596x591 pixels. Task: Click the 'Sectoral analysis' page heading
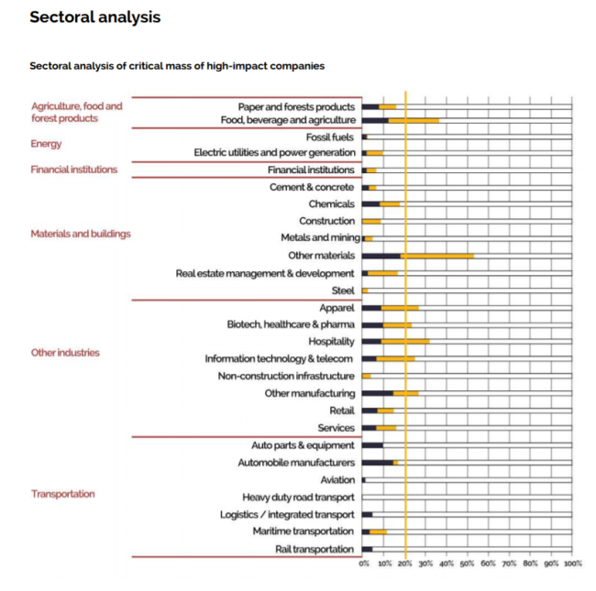[95, 17]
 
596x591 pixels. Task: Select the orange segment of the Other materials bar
[437, 256]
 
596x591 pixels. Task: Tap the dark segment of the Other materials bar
[381, 256]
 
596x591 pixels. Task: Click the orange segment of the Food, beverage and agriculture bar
[414, 120]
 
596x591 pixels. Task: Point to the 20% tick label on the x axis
[404, 564]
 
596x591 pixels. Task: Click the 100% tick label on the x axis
[573, 564]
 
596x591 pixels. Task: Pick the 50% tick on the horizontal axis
[467, 564]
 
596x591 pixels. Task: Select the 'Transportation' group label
[63, 494]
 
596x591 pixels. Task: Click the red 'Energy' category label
[46, 144]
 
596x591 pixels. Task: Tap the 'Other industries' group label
[65, 353]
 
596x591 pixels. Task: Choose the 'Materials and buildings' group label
[81, 234]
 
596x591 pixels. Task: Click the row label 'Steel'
[343, 290]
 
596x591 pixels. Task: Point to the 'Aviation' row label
[337, 480]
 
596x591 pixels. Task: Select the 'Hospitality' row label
[331, 342]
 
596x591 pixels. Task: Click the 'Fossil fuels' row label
[330, 137]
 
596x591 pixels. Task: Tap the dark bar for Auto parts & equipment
[372, 445]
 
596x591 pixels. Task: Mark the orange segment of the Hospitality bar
[405, 342]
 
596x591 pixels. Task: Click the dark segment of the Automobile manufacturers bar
[378, 463]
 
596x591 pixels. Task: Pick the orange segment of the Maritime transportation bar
[378, 531]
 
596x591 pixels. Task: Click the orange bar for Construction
[371, 222]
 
